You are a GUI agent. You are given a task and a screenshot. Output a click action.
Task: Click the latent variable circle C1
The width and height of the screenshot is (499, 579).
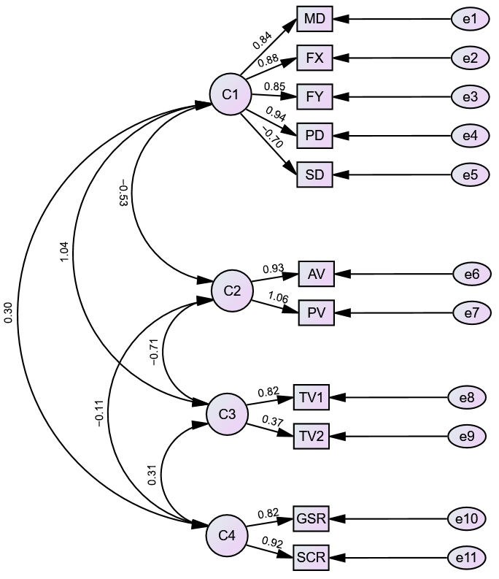[x=231, y=94]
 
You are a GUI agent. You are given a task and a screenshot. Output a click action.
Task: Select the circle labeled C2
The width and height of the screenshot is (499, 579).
[x=232, y=291]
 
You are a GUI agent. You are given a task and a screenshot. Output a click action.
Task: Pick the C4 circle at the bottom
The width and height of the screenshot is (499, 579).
[x=227, y=535]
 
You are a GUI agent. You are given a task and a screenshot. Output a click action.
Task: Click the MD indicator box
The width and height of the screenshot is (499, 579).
[x=314, y=18]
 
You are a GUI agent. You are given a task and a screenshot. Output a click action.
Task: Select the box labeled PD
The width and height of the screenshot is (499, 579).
[x=314, y=135]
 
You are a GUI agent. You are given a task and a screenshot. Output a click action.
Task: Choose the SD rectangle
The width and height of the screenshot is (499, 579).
[x=314, y=175]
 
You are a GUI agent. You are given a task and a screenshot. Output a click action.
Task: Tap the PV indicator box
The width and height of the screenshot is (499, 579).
[x=317, y=313]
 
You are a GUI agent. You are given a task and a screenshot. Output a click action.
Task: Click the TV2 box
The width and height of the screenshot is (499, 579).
[x=312, y=437]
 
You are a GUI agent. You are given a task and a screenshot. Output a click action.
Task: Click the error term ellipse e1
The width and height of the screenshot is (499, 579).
[x=470, y=18]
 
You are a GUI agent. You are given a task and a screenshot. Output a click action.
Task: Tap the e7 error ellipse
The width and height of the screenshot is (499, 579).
[x=471, y=313]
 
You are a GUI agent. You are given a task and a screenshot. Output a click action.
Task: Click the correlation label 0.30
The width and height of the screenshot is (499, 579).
[x=8, y=312]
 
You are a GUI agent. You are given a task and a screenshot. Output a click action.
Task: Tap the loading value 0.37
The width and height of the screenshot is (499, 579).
[x=272, y=421]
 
